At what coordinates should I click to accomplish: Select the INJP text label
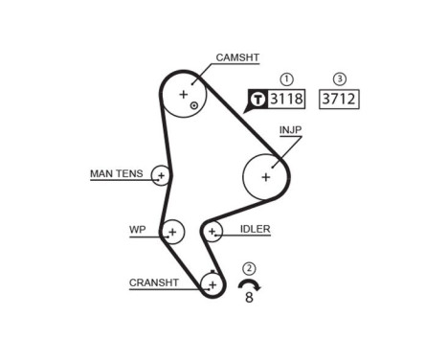click(293, 127)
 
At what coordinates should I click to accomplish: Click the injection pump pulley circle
click(266, 175)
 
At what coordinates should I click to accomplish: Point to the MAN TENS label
click(116, 173)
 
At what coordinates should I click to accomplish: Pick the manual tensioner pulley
click(161, 175)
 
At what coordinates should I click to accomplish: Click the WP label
click(137, 230)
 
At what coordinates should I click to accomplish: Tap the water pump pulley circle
click(172, 231)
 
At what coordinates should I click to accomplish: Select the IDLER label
click(257, 230)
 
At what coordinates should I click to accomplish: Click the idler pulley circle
click(212, 231)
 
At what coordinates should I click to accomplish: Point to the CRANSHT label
click(154, 282)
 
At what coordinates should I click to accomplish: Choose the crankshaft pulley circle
click(212, 284)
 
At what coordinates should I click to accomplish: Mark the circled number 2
click(250, 268)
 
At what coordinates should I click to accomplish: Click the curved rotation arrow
click(250, 284)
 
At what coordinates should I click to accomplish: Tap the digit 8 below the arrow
click(250, 299)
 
